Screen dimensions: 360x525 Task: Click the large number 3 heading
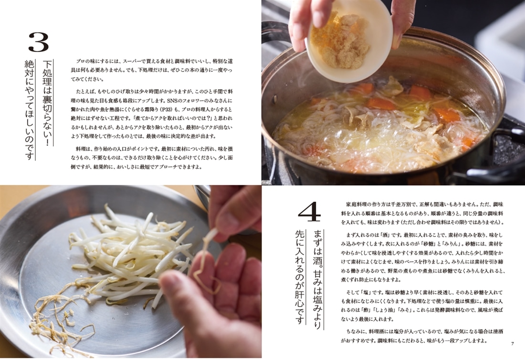[39, 42]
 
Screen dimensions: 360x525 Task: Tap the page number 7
[512, 344]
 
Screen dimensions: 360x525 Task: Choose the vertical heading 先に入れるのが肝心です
[299, 277]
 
